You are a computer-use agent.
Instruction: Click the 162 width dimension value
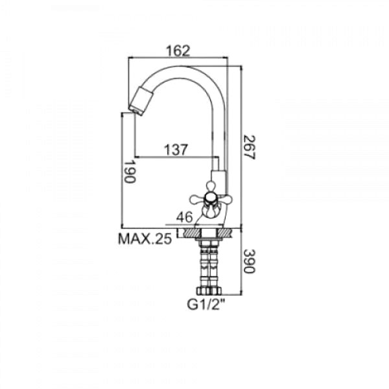click(178, 51)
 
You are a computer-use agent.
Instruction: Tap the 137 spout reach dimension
click(176, 150)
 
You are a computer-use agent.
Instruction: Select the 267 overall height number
click(249, 147)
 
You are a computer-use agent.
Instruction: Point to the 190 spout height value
click(130, 172)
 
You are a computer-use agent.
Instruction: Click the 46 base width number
click(184, 217)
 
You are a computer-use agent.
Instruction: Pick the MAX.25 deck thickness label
click(145, 239)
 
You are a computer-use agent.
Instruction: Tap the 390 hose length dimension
click(249, 261)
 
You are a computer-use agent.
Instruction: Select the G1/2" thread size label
click(206, 305)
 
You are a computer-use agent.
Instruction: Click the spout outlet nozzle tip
click(136, 112)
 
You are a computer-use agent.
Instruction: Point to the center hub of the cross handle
click(210, 198)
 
